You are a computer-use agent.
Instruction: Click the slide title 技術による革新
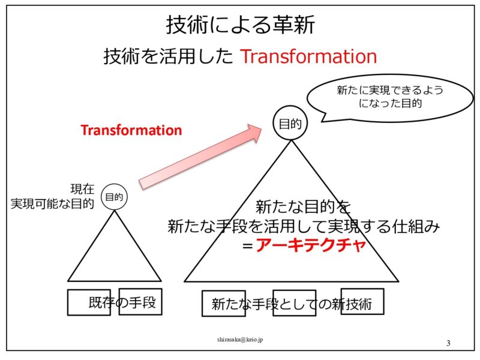240,26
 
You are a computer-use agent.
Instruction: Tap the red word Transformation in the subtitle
308,56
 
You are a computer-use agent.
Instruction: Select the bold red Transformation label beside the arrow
131,130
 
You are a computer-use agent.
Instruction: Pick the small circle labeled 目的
115,196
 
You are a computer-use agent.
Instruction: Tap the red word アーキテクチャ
310,246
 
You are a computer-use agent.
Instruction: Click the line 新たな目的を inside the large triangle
302,208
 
